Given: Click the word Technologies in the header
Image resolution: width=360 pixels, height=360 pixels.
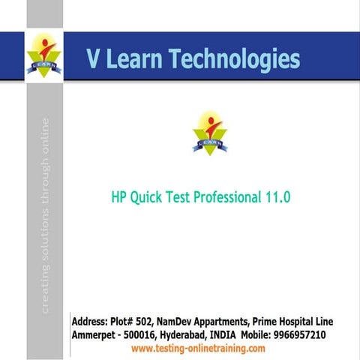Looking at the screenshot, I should [x=238, y=59].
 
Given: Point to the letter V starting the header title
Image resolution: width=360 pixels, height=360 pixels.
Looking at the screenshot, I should [x=94, y=59].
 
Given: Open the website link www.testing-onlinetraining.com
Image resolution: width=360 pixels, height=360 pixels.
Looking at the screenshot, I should [x=198, y=349].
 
